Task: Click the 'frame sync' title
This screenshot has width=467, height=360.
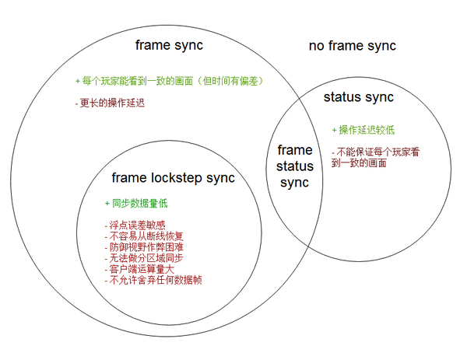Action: click(169, 45)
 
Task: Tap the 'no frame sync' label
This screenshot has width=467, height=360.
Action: click(352, 46)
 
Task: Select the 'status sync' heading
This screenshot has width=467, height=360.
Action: click(359, 97)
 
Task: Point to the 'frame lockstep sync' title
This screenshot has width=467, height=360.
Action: click(173, 178)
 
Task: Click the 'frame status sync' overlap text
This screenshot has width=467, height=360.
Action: click(295, 166)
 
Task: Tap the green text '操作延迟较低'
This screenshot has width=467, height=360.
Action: click(363, 130)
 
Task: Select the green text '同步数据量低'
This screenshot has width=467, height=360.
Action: click(136, 204)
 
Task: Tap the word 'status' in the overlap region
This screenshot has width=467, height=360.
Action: click(295, 166)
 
